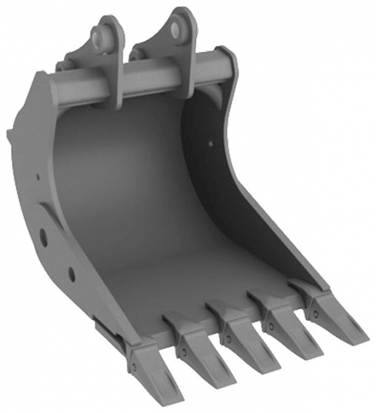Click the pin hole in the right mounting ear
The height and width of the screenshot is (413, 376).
pyautogui.click(x=178, y=28)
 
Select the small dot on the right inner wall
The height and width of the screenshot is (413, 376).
pyautogui.click(x=210, y=144)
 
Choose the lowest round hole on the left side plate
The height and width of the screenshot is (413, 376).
pyautogui.click(x=72, y=275)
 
